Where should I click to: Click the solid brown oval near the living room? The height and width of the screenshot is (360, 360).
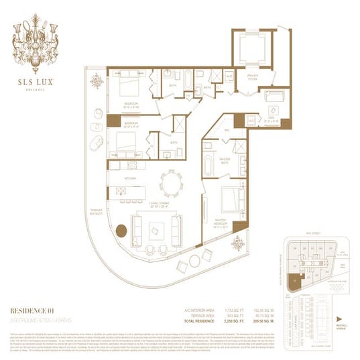click(121, 231)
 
